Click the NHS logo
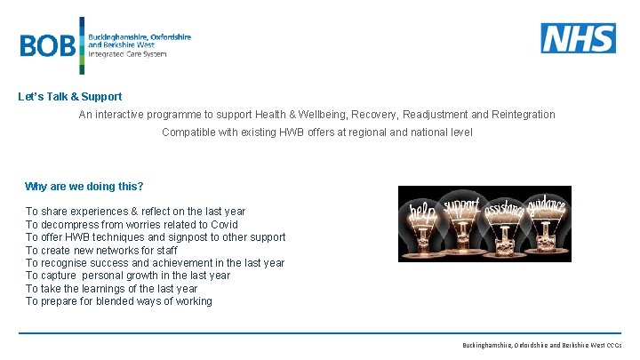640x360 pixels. coord(578,38)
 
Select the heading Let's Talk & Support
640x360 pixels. coord(70,97)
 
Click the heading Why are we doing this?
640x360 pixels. coord(84,187)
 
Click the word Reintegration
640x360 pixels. coord(521,115)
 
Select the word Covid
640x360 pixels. coord(224,225)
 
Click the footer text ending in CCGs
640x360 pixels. coord(541,344)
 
